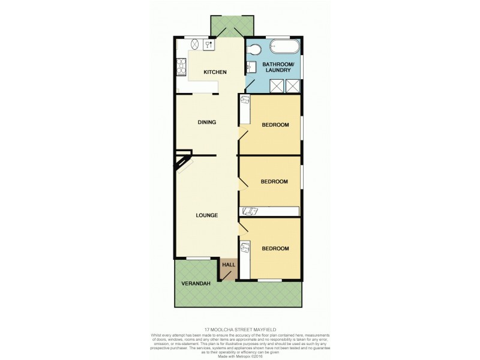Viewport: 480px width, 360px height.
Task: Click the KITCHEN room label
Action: (215, 73)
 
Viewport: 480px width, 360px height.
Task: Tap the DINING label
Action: (206, 122)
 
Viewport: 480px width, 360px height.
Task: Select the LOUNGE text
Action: (206, 215)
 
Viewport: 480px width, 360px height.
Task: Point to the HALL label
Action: (229, 265)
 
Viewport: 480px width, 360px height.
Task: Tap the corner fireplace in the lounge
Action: (182, 163)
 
